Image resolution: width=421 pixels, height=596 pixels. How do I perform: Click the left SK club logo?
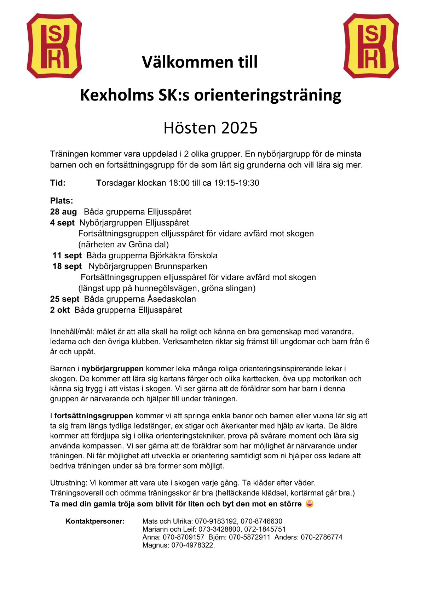tap(54, 46)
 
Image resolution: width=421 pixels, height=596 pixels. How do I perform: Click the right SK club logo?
tap(371, 46)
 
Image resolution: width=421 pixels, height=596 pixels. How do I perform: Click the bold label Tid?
tap(58, 183)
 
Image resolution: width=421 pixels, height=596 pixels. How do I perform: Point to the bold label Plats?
tap(62, 201)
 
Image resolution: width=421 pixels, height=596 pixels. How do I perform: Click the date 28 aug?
tap(63, 212)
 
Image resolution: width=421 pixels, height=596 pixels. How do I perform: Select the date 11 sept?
tap(67, 256)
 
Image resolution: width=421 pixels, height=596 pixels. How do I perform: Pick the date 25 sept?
tap(65, 299)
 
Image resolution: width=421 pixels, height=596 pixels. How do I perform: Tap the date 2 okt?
tap(60, 310)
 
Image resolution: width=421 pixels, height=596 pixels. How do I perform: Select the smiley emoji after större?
tap(310, 504)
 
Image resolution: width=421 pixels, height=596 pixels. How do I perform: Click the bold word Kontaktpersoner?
tap(95, 521)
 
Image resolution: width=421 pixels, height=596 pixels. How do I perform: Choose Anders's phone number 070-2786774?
tap(322, 537)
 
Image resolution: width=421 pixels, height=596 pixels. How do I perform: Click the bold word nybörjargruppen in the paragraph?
tap(112, 369)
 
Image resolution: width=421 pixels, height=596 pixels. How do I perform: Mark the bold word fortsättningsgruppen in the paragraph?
tap(93, 416)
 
